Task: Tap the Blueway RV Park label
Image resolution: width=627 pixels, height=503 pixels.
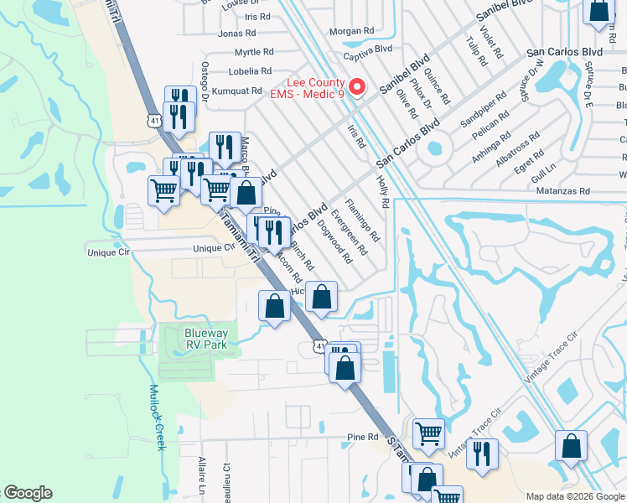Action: pos(206,339)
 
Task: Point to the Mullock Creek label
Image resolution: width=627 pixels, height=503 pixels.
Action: pos(155,417)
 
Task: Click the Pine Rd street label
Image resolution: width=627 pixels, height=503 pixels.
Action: pos(363,437)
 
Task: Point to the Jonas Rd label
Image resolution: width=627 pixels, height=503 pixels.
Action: pos(236,34)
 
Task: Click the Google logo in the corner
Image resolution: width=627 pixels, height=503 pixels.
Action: pos(28,493)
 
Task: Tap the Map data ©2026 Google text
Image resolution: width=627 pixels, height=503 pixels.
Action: pos(575,496)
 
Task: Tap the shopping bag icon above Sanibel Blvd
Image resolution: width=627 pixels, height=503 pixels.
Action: pos(598,12)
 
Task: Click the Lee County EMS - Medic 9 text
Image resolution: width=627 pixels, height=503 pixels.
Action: pos(307,88)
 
